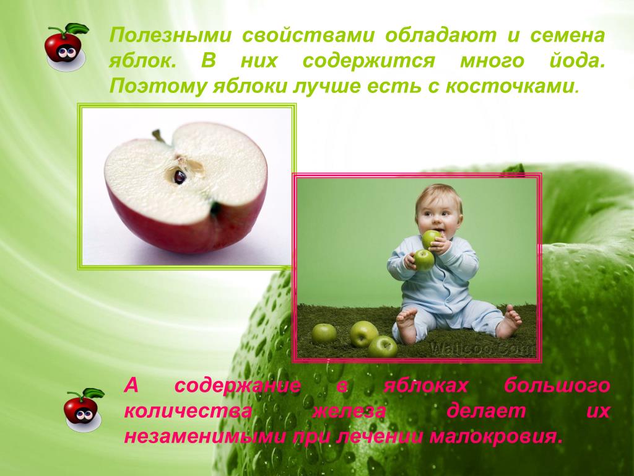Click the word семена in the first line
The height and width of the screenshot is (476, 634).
(x=567, y=35)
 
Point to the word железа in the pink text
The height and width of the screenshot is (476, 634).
(x=349, y=412)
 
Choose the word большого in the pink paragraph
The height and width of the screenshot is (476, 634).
(x=557, y=386)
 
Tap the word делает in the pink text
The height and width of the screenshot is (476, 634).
(x=486, y=412)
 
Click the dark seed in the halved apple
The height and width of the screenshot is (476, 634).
(x=180, y=177)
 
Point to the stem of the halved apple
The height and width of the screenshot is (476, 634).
(x=159, y=136)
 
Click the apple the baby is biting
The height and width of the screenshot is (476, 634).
(x=431, y=239)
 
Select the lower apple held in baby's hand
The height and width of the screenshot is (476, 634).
(x=423, y=260)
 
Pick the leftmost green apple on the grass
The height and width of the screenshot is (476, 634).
(x=323, y=333)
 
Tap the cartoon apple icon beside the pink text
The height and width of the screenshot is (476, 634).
(x=83, y=409)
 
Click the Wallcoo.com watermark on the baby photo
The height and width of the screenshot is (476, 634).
(x=482, y=348)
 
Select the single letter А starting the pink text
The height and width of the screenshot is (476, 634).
(x=131, y=386)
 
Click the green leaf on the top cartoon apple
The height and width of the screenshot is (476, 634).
(x=77, y=29)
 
